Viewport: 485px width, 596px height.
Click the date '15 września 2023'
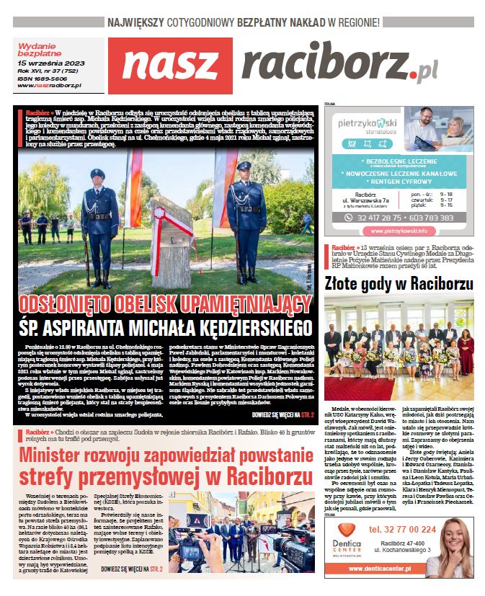coord(47,64)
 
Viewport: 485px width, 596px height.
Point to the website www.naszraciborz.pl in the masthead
coord(49,86)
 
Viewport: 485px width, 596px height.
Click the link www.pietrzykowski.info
coord(399,231)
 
